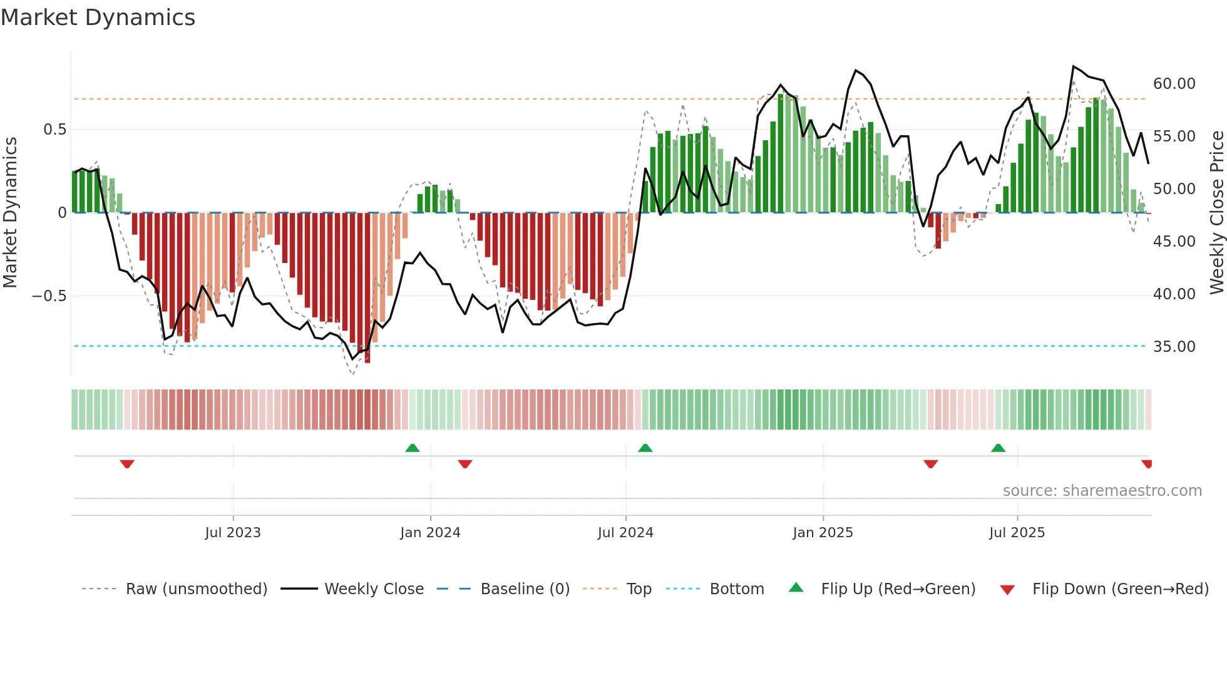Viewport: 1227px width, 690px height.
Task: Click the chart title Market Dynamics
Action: (98, 18)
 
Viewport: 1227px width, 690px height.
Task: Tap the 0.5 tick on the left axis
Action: (54, 130)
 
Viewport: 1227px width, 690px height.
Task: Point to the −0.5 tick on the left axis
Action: (49, 296)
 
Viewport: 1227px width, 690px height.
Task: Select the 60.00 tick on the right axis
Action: (1174, 84)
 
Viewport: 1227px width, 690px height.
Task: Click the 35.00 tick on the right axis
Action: (1174, 347)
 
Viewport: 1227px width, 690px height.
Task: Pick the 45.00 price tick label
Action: (1174, 242)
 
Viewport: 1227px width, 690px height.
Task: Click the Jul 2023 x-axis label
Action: (233, 533)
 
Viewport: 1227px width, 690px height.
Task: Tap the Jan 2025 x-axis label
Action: (823, 533)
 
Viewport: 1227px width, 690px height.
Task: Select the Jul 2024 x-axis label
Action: (625, 533)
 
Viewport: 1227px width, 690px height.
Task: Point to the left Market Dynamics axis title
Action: (10, 213)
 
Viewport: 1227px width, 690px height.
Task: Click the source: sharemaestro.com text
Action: (1102, 491)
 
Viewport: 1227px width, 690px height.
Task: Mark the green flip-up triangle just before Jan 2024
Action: (413, 448)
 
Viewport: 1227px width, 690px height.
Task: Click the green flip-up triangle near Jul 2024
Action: (645, 448)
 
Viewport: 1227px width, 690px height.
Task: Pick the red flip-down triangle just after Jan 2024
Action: (465, 464)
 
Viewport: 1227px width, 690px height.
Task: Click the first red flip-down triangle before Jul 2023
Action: (127, 464)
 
